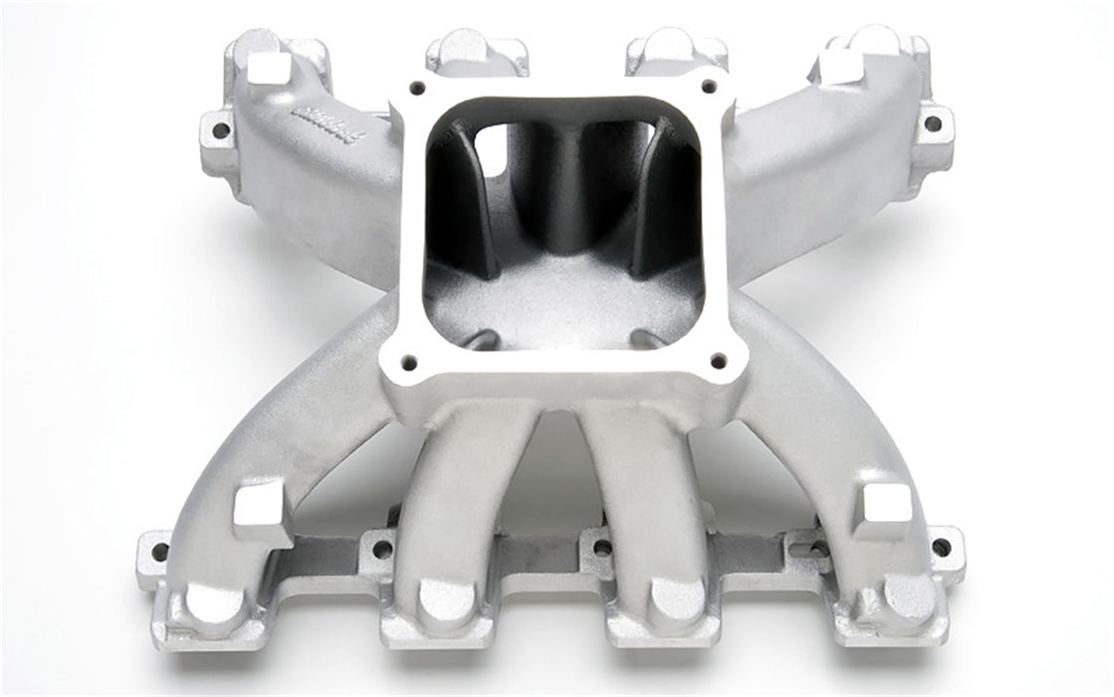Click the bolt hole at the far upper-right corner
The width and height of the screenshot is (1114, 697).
pos(932,123)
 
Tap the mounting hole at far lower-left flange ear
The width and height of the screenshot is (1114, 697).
pos(158,551)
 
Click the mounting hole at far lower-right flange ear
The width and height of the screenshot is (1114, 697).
pos(940,547)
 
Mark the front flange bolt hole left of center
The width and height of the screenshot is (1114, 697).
pos(378,547)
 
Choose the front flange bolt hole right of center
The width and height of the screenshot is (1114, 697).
pos(601,547)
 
